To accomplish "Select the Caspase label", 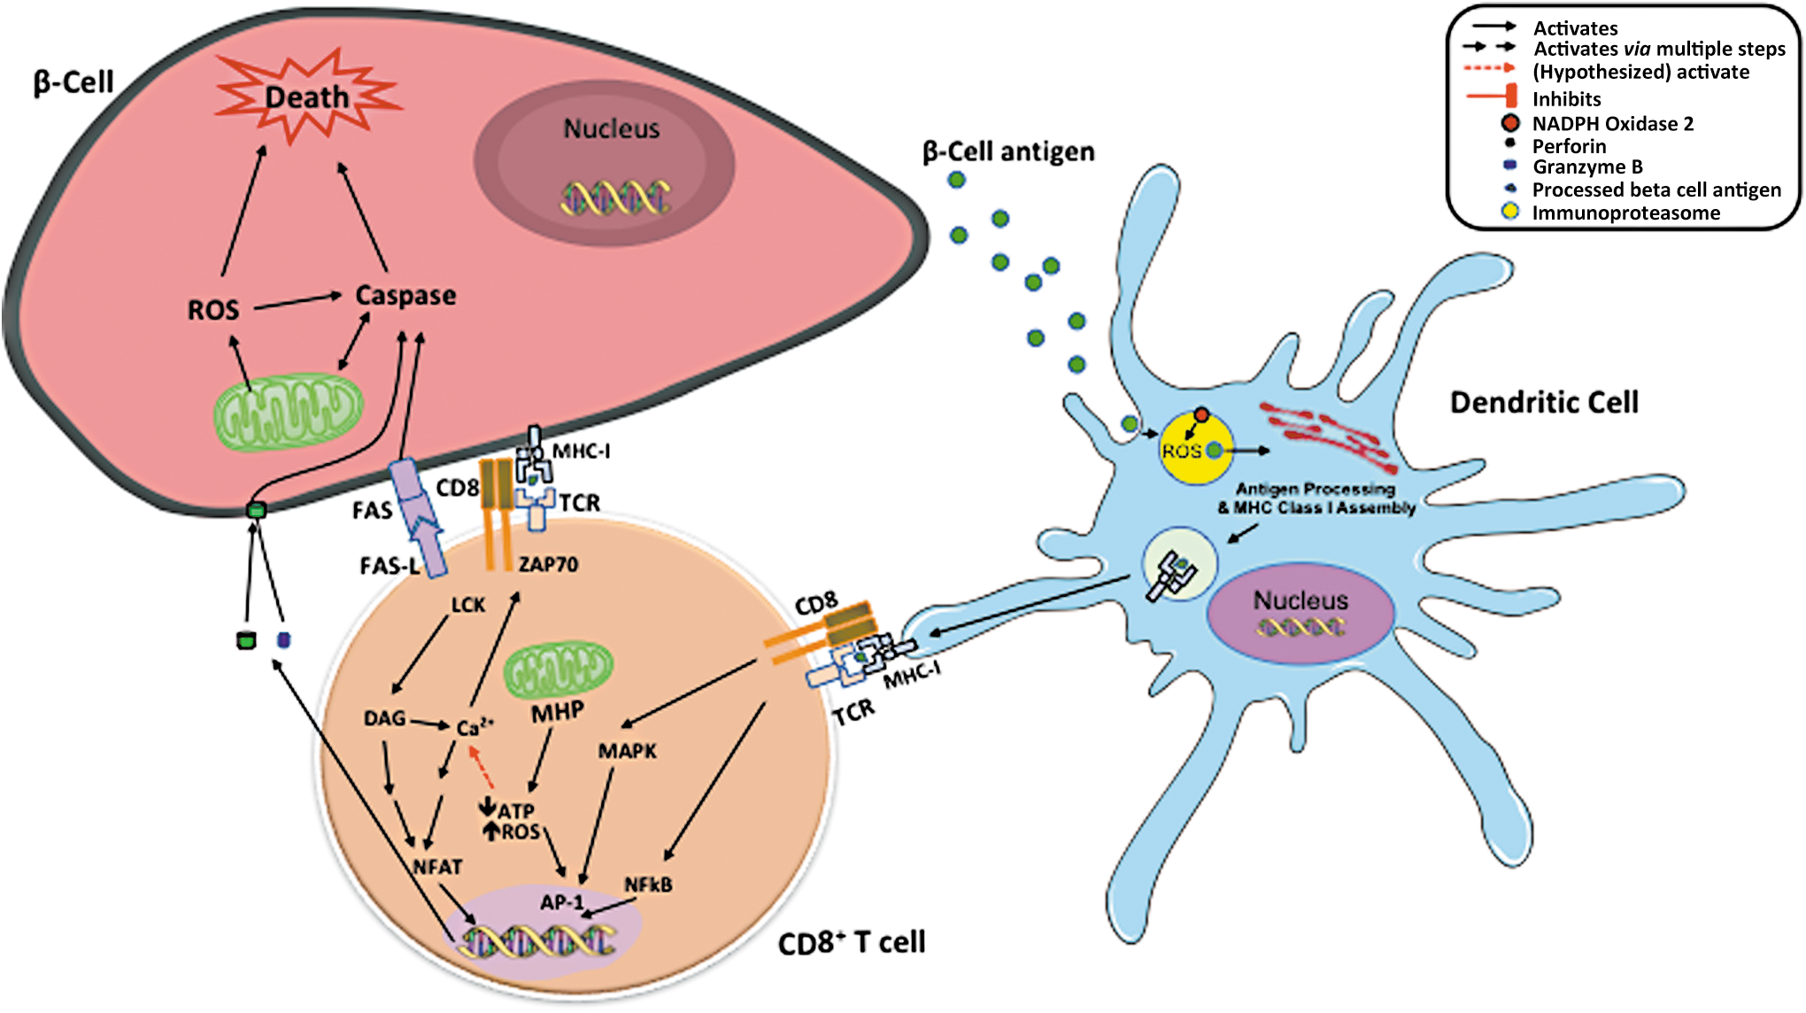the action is click(405, 296).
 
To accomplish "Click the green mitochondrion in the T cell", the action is click(559, 669).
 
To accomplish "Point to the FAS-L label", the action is click(390, 566).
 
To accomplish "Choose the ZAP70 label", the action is click(548, 564).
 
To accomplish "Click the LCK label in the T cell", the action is click(468, 605).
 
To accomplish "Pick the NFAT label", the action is click(437, 867).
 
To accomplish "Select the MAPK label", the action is click(628, 751).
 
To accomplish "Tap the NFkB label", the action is click(648, 885).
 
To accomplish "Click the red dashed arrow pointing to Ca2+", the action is click(481, 767).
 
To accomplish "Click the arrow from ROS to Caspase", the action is click(298, 302).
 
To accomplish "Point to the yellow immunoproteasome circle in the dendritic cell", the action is click(1196, 448).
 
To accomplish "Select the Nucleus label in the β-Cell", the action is click(612, 129).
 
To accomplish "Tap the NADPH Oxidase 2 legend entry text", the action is click(1613, 124).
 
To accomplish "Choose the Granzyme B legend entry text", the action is click(1587, 167).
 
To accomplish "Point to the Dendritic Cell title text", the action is click(1544, 403).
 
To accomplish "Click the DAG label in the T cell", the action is click(384, 718).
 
